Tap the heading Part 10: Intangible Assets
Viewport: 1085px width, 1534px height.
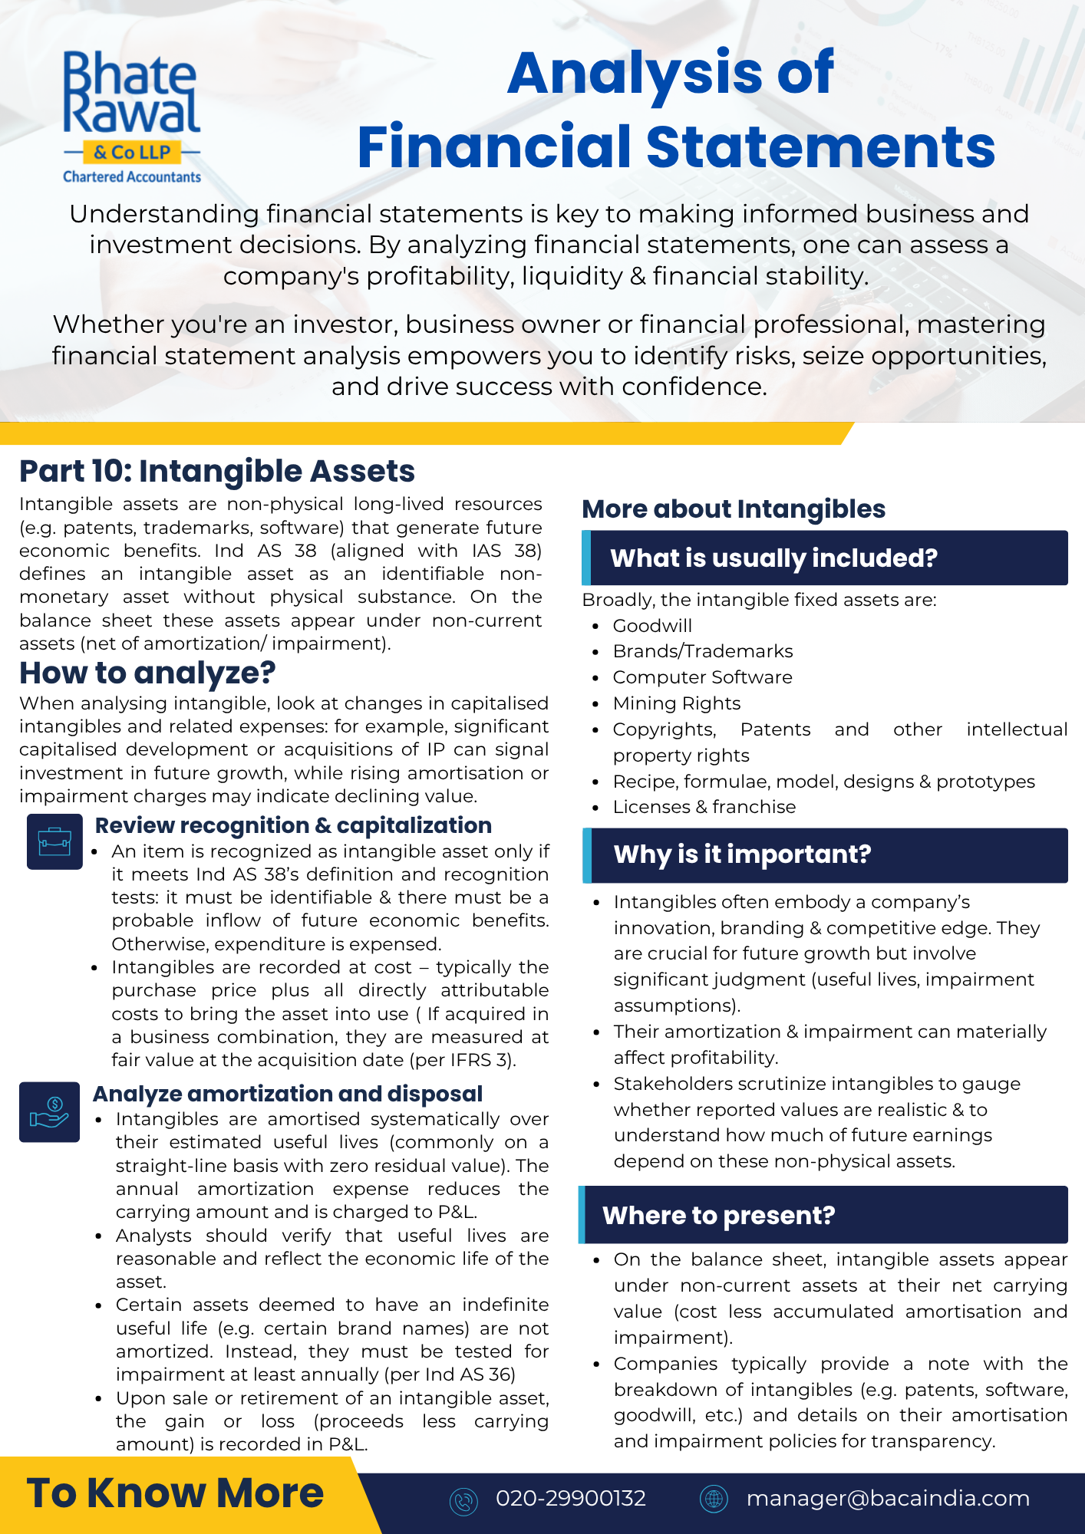pos(217,471)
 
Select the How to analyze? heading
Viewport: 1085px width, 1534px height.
pos(147,673)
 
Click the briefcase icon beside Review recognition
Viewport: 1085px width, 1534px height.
pos(54,841)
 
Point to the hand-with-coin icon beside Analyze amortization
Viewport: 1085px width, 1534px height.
pos(50,1112)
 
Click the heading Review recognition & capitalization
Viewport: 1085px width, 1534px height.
pos(293,825)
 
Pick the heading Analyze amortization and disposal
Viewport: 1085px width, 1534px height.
pos(288,1094)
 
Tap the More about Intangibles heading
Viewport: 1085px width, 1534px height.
pos(734,509)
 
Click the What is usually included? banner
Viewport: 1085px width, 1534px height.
pos(825,558)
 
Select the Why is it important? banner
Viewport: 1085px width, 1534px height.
pos(825,854)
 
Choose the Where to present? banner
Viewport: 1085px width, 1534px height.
pos(823,1215)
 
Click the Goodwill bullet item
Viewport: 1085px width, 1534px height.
pos(652,626)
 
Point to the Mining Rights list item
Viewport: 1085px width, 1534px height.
pos(677,703)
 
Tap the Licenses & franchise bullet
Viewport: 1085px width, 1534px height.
pos(704,807)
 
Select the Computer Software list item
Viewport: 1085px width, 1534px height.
pos(702,677)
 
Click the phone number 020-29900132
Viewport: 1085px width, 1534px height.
pos(571,1498)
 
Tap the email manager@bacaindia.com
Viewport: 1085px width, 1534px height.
pos(888,1498)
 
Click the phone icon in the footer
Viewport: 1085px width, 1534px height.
pos(463,1500)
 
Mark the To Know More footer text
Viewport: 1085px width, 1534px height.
pos(176,1493)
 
